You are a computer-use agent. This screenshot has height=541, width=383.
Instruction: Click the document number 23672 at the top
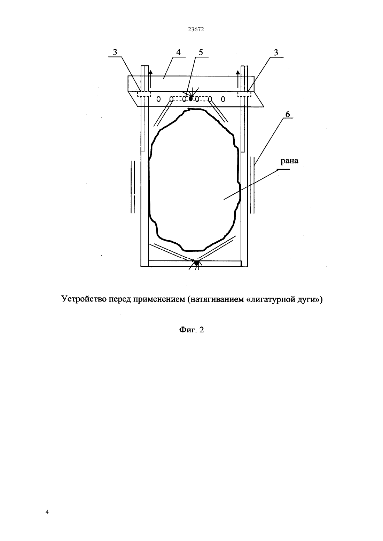pyautogui.click(x=196, y=29)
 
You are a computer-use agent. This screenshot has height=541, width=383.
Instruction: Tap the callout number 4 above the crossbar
pyautogui.click(x=178, y=52)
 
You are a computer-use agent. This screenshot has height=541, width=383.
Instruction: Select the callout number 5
pyautogui.click(x=201, y=52)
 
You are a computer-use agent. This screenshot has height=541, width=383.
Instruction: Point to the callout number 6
pyautogui.click(x=288, y=114)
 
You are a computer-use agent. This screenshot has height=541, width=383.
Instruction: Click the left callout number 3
pyautogui.click(x=115, y=52)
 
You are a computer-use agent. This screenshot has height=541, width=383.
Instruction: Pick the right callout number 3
pyautogui.click(x=276, y=52)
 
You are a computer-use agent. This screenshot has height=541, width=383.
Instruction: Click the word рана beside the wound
pyautogui.click(x=289, y=161)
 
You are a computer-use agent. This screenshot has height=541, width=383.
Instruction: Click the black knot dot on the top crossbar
pyautogui.click(x=191, y=98)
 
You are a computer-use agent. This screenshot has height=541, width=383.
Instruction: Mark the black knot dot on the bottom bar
pyautogui.click(x=196, y=263)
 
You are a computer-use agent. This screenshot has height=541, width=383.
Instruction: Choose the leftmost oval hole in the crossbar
pyautogui.click(x=159, y=99)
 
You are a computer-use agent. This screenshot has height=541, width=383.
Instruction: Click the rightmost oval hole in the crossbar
pyautogui.click(x=223, y=99)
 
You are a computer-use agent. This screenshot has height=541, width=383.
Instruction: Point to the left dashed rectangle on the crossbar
pyautogui.click(x=144, y=94)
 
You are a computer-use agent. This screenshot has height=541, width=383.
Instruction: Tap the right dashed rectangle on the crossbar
pyautogui.click(x=244, y=94)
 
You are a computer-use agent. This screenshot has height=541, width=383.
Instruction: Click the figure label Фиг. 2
pyautogui.click(x=191, y=330)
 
